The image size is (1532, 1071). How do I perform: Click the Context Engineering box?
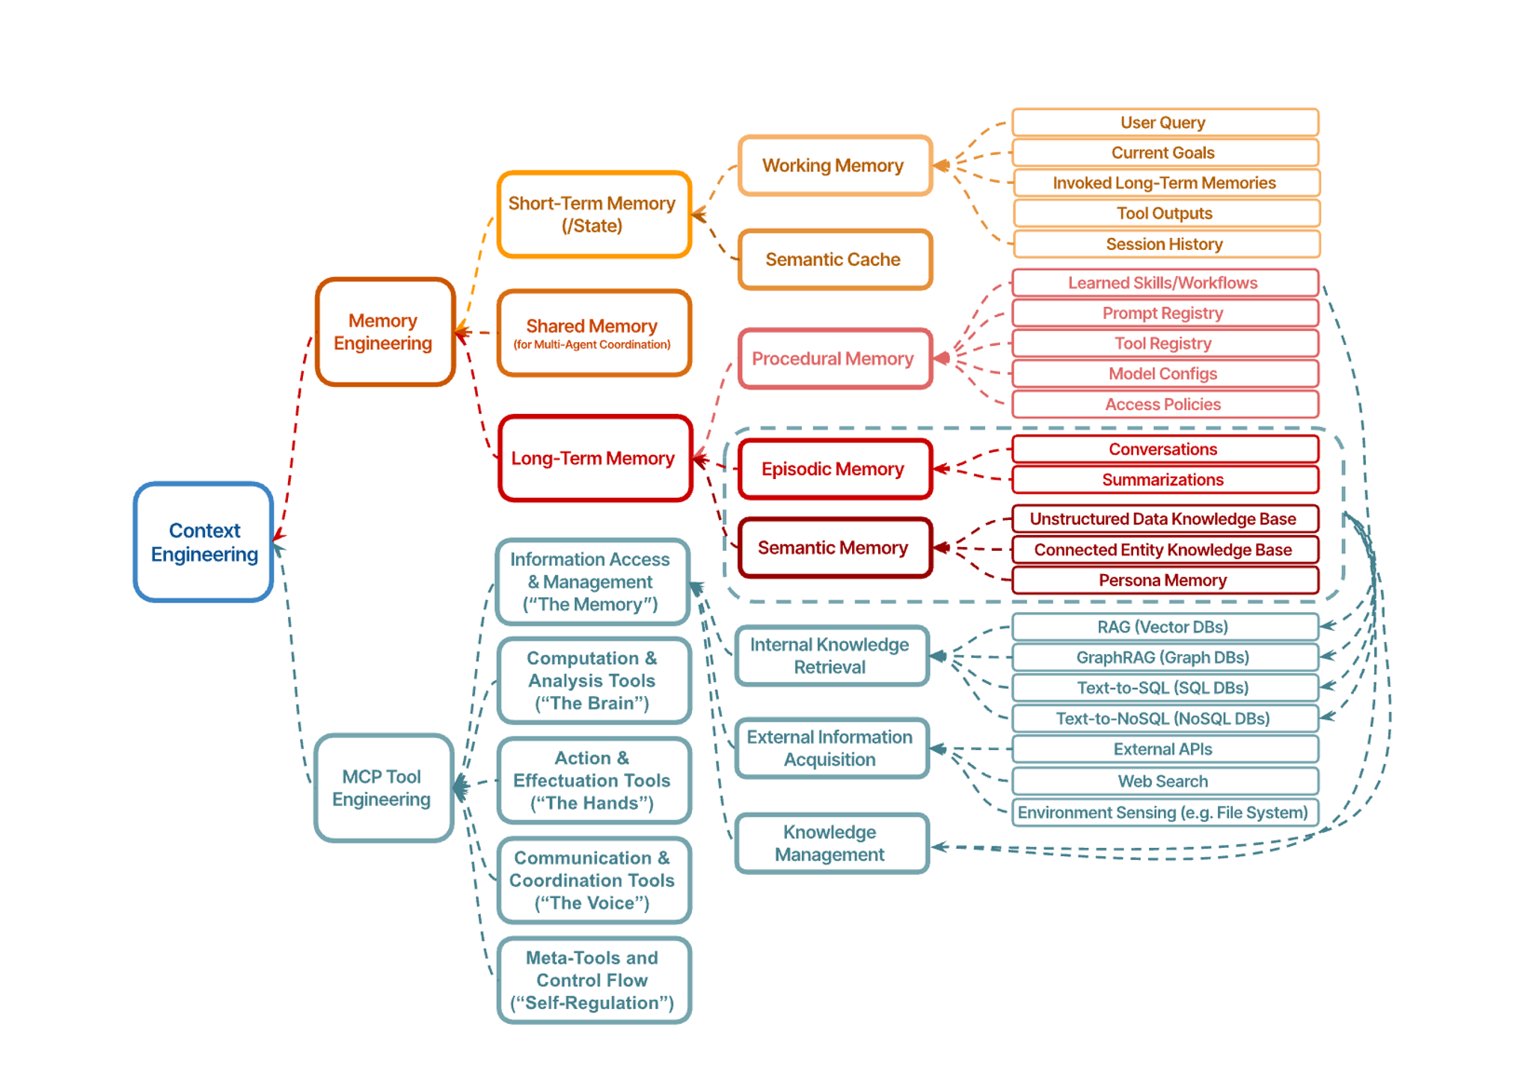click(x=203, y=542)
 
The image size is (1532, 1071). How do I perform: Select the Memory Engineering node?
click(x=385, y=332)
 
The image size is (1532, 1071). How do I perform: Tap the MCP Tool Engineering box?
click(x=384, y=787)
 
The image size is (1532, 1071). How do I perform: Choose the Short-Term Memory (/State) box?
click(x=594, y=214)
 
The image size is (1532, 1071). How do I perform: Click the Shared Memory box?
click(x=594, y=333)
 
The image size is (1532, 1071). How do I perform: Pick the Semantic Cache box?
click(x=835, y=259)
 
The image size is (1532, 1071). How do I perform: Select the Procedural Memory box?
click(x=835, y=358)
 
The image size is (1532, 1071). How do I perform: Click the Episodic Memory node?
click(x=835, y=469)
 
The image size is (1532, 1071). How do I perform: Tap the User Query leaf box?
click(x=1165, y=122)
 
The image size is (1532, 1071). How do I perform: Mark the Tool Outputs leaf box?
click(x=1166, y=213)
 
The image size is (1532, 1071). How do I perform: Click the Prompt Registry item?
click(x=1165, y=313)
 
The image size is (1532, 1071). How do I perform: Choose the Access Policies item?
click(x=1165, y=404)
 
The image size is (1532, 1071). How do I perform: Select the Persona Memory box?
click(x=1165, y=580)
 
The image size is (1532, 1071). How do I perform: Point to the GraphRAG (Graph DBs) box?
click(x=1165, y=657)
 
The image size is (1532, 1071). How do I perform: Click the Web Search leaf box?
click(x=1165, y=781)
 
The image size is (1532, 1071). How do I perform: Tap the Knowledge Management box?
click(x=832, y=843)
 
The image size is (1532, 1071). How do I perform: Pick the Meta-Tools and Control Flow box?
click(x=594, y=980)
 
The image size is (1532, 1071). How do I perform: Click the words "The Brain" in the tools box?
click(x=592, y=704)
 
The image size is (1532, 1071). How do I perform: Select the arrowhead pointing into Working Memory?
click(x=941, y=165)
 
